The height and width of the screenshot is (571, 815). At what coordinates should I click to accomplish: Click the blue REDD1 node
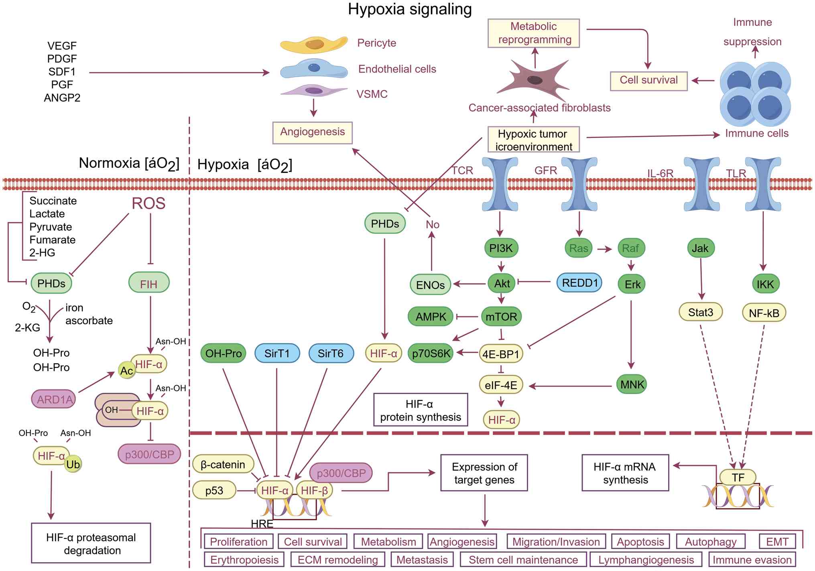[x=579, y=283]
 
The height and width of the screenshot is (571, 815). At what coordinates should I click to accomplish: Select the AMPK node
[x=431, y=317]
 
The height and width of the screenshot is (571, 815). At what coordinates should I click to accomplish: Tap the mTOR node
[x=501, y=317]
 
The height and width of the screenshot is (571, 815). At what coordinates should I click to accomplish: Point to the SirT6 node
[x=331, y=353]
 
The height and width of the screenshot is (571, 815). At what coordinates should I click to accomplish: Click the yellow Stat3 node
[x=701, y=312]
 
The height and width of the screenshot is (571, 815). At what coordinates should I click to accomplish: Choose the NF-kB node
[x=764, y=313]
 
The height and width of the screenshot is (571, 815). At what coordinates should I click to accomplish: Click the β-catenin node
[x=223, y=464]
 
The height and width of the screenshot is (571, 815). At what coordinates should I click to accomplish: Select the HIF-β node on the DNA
[x=314, y=490]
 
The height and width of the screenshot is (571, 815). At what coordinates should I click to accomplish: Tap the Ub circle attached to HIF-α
[x=73, y=464]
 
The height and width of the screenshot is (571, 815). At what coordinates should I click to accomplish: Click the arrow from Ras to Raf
[x=604, y=249]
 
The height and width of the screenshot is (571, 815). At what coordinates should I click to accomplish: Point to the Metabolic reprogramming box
[x=534, y=33]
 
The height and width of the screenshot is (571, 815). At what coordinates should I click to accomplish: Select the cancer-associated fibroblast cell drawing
[x=534, y=80]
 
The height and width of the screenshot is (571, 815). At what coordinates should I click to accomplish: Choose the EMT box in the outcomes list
[x=777, y=542]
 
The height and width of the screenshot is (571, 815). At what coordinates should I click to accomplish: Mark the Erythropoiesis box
[x=244, y=560]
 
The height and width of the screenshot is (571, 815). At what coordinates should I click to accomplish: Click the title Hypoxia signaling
[x=410, y=9]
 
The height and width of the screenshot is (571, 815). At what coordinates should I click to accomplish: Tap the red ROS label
[x=148, y=203]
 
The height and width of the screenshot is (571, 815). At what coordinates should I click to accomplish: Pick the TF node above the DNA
[x=738, y=478]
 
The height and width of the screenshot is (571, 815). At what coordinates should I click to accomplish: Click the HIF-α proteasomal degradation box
[x=91, y=543]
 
